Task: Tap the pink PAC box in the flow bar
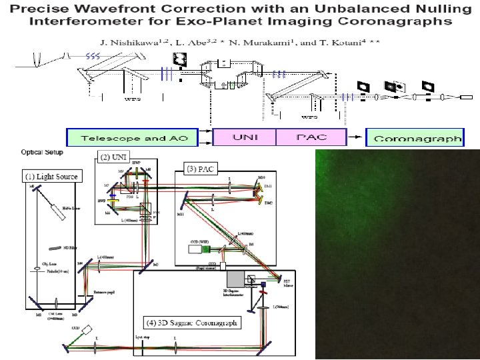tap(311, 137)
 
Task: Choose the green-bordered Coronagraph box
tap(417, 138)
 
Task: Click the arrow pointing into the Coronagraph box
tap(357, 138)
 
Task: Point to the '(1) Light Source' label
tap(51, 177)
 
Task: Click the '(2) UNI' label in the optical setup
tap(112, 157)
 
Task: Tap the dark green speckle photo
tap(397, 253)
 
